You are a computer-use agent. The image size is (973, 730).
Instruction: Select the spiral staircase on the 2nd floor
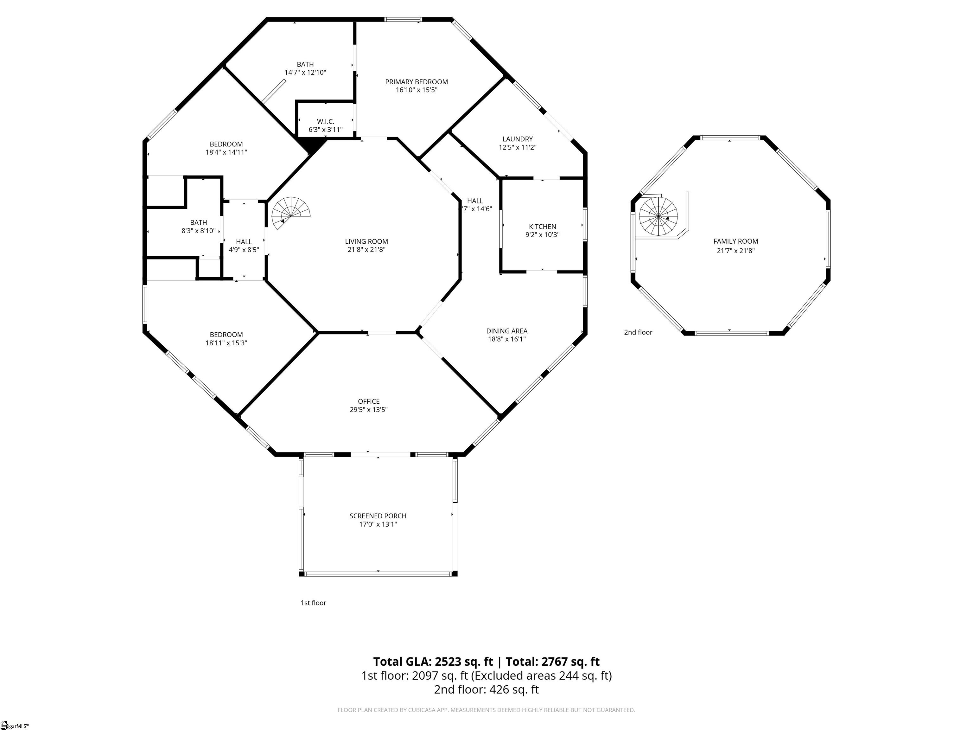tap(658, 217)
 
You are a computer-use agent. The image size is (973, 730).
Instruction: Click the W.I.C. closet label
tap(326, 121)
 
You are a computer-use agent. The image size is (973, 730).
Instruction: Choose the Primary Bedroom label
tap(416, 82)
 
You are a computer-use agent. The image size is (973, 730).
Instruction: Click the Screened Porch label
tap(378, 516)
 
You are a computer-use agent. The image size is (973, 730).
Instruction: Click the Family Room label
tap(735, 241)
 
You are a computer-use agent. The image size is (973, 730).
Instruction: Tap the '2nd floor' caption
tap(638, 332)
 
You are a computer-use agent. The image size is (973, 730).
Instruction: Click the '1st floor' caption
tap(313, 603)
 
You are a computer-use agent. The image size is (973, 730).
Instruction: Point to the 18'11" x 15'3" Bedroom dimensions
tap(226, 343)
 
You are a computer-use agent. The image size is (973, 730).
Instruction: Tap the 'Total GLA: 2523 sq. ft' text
tap(433, 661)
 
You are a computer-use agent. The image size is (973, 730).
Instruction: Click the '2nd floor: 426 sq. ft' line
tap(486, 689)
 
